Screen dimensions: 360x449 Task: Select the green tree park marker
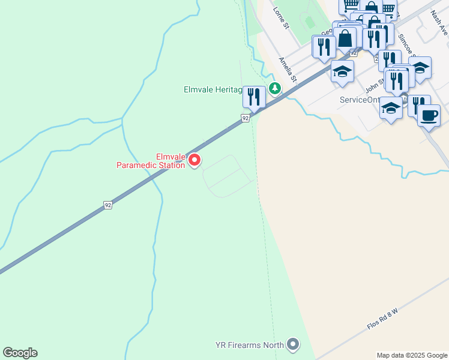(x=275, y=89)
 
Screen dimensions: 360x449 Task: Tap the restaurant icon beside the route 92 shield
(x=254, y=97)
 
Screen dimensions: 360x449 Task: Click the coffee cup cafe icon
(x=429, y=115)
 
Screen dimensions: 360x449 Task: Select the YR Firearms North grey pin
(x=293, y=344)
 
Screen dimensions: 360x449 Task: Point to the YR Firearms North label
(x=250, y=345)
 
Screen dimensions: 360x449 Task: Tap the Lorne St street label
(x=282, y=16)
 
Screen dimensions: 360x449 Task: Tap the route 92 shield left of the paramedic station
(x=108, y=205)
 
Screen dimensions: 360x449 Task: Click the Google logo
(x=20, y=353)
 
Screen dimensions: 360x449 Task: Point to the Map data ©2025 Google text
(x=412, y=355)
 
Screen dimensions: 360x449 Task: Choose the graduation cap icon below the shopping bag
(x=342, y=70)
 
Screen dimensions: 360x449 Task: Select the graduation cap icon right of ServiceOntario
(x=391, y=108)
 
